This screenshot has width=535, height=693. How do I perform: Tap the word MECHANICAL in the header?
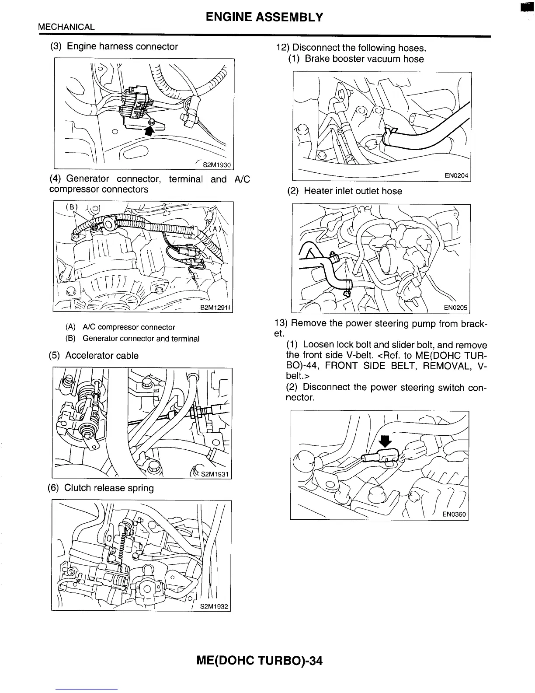(x=66, y=27)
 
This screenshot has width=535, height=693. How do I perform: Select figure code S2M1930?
(x=215, y=165)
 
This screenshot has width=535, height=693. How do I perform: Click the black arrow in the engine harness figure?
(x=150, y=129)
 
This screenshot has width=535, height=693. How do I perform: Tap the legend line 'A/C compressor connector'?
(x=120, y=327)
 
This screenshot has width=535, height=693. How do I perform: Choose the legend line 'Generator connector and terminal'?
(x=132, y=339)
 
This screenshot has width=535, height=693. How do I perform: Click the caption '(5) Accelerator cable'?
(x=94, y=356)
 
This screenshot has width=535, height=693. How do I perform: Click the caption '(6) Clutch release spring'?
(x=101, y=488)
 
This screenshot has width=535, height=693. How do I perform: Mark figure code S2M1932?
(x=214, y=607)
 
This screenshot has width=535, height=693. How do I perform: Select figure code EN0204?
(x=456, y=176)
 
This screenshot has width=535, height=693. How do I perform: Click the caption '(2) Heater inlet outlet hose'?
(x=344, y=191)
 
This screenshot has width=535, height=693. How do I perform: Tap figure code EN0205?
(x=456, y=308)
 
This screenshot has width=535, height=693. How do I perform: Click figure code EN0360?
(x=454, y=514)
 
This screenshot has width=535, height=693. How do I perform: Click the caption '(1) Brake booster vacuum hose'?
(x=356, y=59)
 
